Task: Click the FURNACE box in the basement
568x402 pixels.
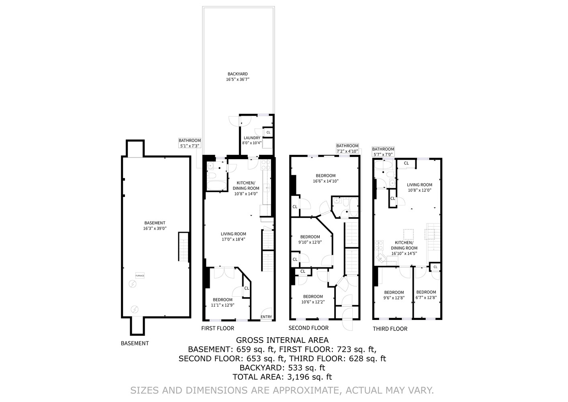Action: [140, 275]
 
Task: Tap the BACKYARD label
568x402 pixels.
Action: [237, 77]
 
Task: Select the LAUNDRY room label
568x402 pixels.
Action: [252, 140]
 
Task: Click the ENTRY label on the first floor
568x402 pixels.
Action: [266, 317]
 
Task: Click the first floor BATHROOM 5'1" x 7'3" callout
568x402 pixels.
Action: [190, 143]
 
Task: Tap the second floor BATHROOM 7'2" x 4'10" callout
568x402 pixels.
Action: [347, 148]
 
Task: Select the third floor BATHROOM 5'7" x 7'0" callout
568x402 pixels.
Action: [383, 152]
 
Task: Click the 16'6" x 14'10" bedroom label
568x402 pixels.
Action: [325, 178]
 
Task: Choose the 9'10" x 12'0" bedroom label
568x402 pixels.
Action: [310, 240]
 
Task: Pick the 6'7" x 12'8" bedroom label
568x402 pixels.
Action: [426, 295]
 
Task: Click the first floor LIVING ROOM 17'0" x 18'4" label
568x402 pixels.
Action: [233, 236]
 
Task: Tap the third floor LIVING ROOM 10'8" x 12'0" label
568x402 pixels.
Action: [419, 188]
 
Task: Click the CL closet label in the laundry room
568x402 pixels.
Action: [268, 132]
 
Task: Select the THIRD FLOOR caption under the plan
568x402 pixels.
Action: [390, 329]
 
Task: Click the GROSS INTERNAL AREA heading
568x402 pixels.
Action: [282, 340]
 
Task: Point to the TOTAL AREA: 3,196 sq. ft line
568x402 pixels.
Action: [282, 377]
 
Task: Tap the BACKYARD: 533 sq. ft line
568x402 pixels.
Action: [282, 367]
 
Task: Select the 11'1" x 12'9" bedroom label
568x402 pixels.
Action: [223, 302]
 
